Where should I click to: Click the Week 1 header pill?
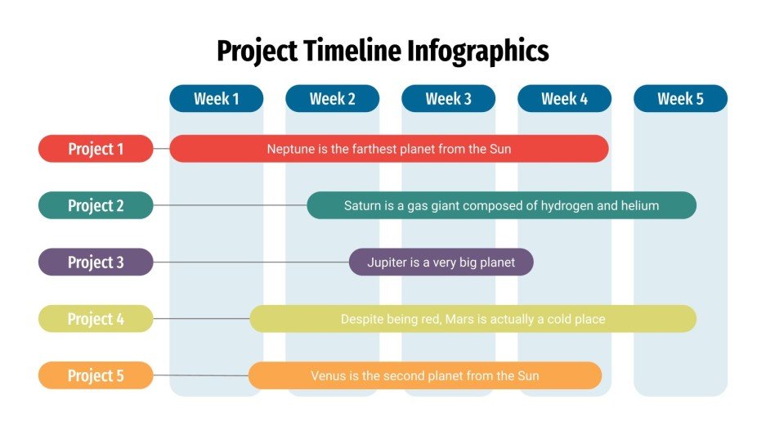pos(217,99)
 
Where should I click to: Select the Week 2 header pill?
pos(332,99)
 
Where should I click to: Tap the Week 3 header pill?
pos(448,99)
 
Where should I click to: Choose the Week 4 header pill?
pos(564,99)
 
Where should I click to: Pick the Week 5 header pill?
pos(680,99)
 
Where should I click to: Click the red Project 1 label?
pos(96,149)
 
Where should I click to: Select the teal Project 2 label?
pos(96,205)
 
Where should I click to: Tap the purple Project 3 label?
pos(96,262)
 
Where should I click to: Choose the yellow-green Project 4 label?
pos(96,319)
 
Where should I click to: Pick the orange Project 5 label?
pos(96,375)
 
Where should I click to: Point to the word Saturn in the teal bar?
pos(362,205)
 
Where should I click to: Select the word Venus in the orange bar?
pos(329,376)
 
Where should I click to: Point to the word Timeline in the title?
pos(350,51)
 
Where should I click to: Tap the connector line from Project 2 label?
pos(229,205)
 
